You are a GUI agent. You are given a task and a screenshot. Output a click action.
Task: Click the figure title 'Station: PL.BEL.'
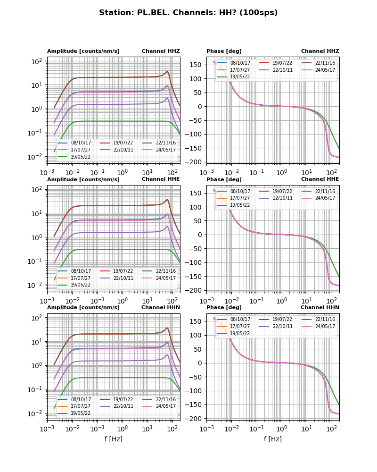[188, 13]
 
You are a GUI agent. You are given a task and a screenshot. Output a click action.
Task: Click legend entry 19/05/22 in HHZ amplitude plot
[81, 157]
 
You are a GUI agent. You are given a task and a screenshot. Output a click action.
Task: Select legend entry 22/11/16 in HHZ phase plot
[325, 63]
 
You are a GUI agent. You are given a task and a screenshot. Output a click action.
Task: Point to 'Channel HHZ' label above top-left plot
[161, 51]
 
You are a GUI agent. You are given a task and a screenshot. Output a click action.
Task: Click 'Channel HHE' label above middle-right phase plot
[320, 179]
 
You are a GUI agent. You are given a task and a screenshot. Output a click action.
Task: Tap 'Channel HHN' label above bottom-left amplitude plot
[161, 307]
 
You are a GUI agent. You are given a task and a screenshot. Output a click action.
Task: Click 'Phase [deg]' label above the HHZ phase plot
[224, 51]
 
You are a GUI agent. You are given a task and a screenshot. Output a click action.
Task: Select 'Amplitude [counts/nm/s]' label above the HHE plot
[83, 179]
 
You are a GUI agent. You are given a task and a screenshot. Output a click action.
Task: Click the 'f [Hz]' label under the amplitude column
[114, 439]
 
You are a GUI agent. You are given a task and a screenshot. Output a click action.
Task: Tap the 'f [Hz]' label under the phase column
[273, 439]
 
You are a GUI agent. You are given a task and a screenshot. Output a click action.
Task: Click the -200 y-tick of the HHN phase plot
[195, 419]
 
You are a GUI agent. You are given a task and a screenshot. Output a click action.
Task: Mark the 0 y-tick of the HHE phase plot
[201, 235]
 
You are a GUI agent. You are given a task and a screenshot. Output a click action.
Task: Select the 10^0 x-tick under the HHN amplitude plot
[123, 429]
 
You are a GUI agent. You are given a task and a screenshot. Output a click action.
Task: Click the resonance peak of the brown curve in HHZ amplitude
[167, 72]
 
